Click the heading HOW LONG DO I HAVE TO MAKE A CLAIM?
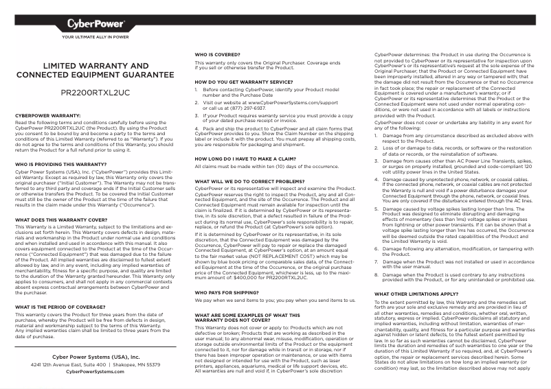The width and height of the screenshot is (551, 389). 246,158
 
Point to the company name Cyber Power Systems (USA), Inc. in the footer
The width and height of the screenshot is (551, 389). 95,357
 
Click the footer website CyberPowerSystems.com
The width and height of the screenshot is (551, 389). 95,371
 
